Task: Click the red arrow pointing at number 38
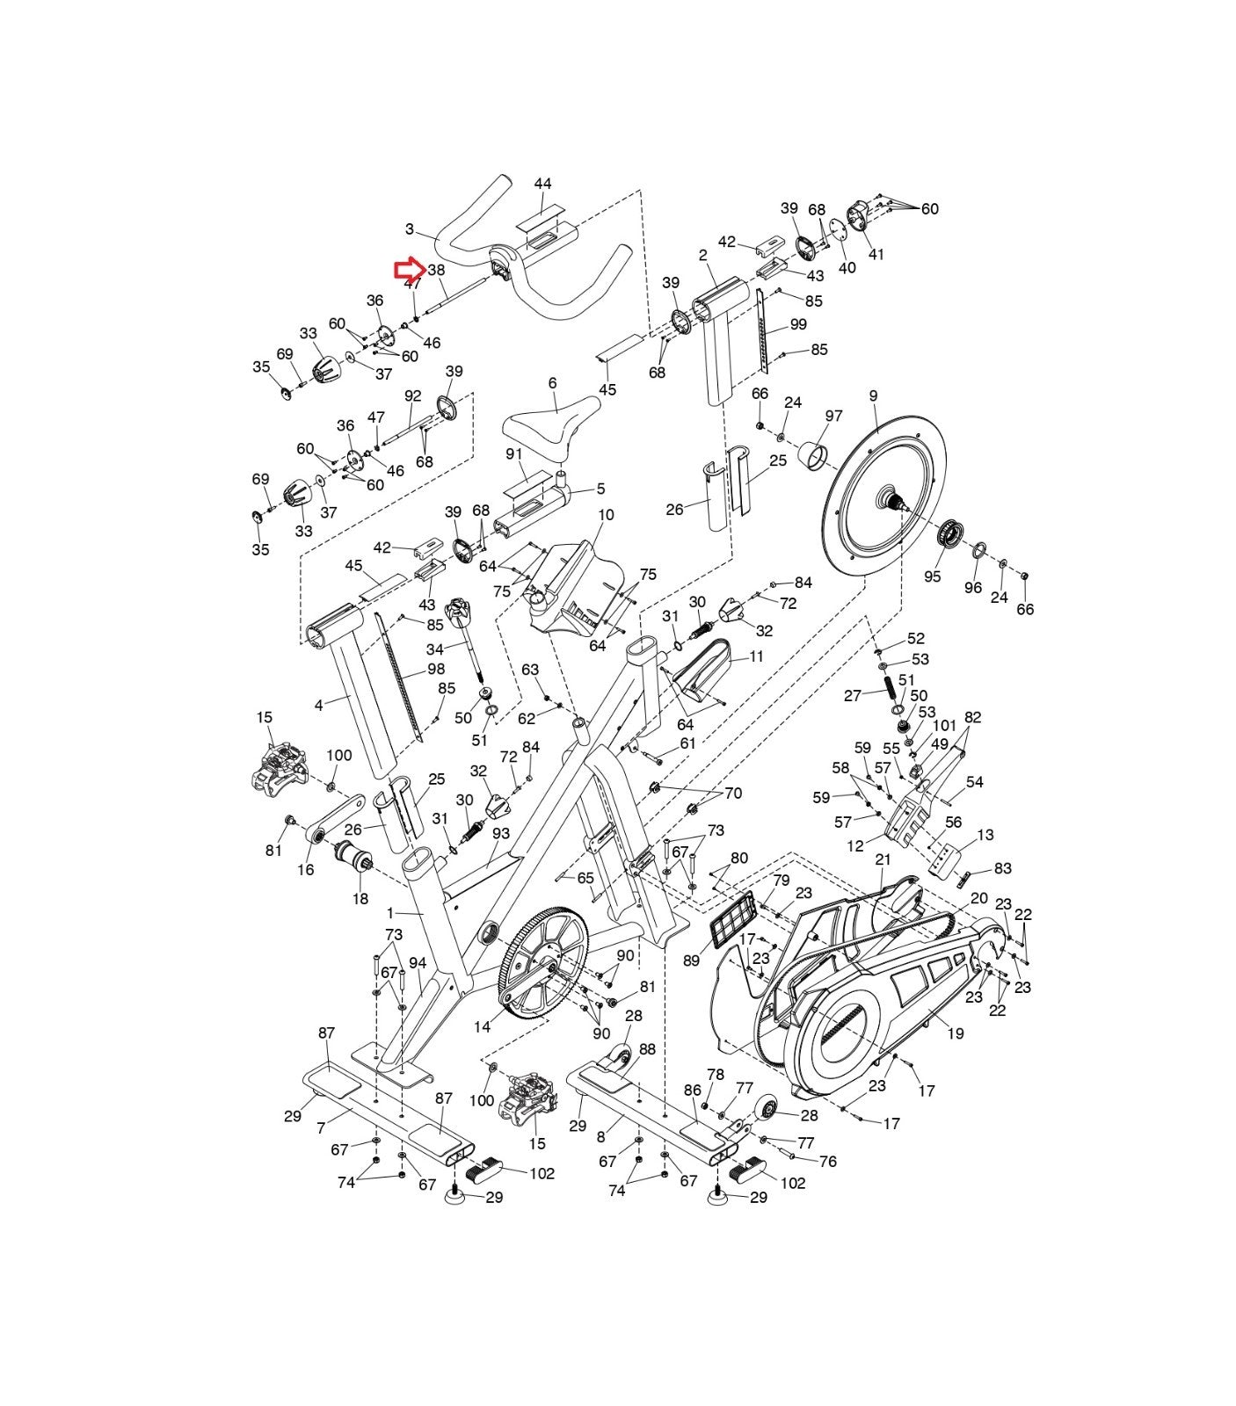click(x=409, y=270)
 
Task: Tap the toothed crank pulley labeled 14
click(x=542, y=963)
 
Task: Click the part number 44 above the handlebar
click(x=542, y=184)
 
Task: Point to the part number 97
click(x=833, y=416)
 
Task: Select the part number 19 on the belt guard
click(x=955, y=1033)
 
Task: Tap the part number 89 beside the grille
click(x=691, y=960)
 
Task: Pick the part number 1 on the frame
click(x=390, y=914)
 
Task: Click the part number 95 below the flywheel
click(x=932, y=576)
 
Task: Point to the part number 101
click(x=944, y=726)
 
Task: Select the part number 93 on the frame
click(x=501, y=832)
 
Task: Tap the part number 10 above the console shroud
click(x=606, y=515)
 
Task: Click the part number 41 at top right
click(x=876, y=255)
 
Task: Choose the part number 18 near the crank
click(x=360, y=899)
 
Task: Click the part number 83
click(x=1002, y=868)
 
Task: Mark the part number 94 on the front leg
click(x=418, y=963)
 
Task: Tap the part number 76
click(x=827, y=1161)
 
